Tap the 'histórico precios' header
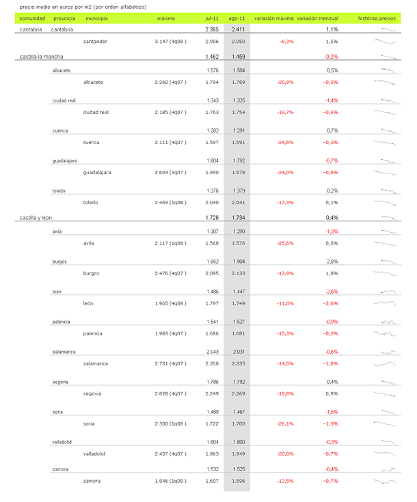click(x=377, y=18)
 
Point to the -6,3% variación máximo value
click(x=286, y=42)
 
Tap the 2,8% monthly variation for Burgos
click(x=333, y=262)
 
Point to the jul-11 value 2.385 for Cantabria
click(x=212, y=30)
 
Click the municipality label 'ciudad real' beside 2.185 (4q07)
click(x=97, y=112)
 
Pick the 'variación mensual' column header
click(x=322, y=18)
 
